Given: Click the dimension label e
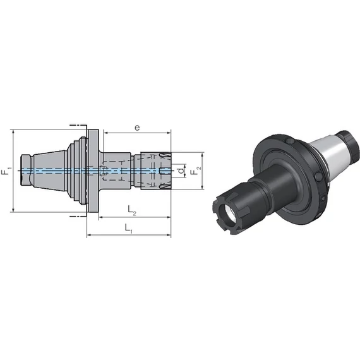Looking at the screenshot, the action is click(137, 128).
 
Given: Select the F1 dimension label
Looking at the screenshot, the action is click(6, 170).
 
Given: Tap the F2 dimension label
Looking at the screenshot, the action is click(196, 170).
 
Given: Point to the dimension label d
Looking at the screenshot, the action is click(181, 171).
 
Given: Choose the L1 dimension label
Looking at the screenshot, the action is click(128, 229).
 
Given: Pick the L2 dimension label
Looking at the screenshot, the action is click(132, 210).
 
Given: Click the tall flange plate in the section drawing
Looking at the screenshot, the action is click(93, 171).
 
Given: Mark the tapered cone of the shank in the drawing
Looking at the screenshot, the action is click(49, 171).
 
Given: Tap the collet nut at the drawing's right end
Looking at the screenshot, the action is click(155, 171).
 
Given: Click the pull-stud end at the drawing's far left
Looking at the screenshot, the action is click(27, 171).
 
